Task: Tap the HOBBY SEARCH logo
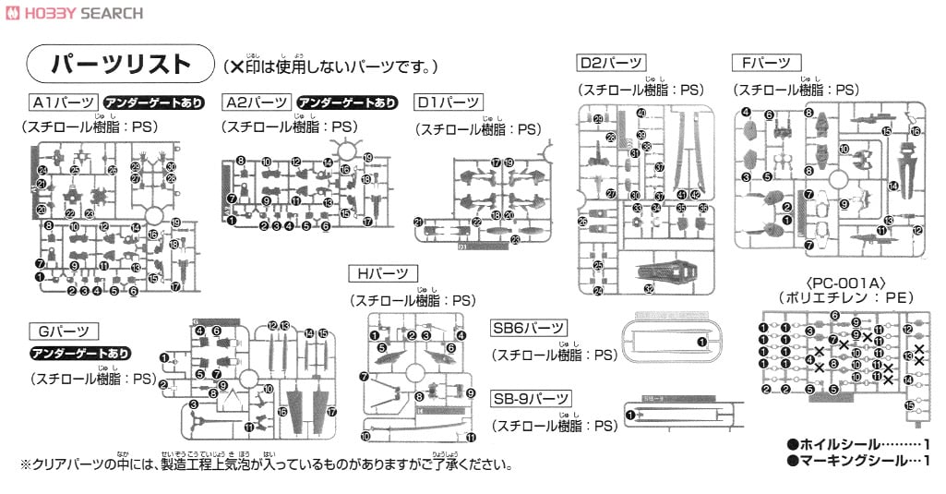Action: (73, 12)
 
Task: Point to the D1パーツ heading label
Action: (448, 102)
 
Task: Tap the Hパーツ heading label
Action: (383, 273)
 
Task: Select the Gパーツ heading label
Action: (64, 330)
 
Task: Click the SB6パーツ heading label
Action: (529, 328)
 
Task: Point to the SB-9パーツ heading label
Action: (532, 398)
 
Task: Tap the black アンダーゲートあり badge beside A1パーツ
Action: (152, 102)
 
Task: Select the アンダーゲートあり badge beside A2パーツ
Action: (348, 102)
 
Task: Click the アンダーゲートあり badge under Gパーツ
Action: (80, 353)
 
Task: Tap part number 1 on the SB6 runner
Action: (701, 343)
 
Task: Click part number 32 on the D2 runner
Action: (650, 288)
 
